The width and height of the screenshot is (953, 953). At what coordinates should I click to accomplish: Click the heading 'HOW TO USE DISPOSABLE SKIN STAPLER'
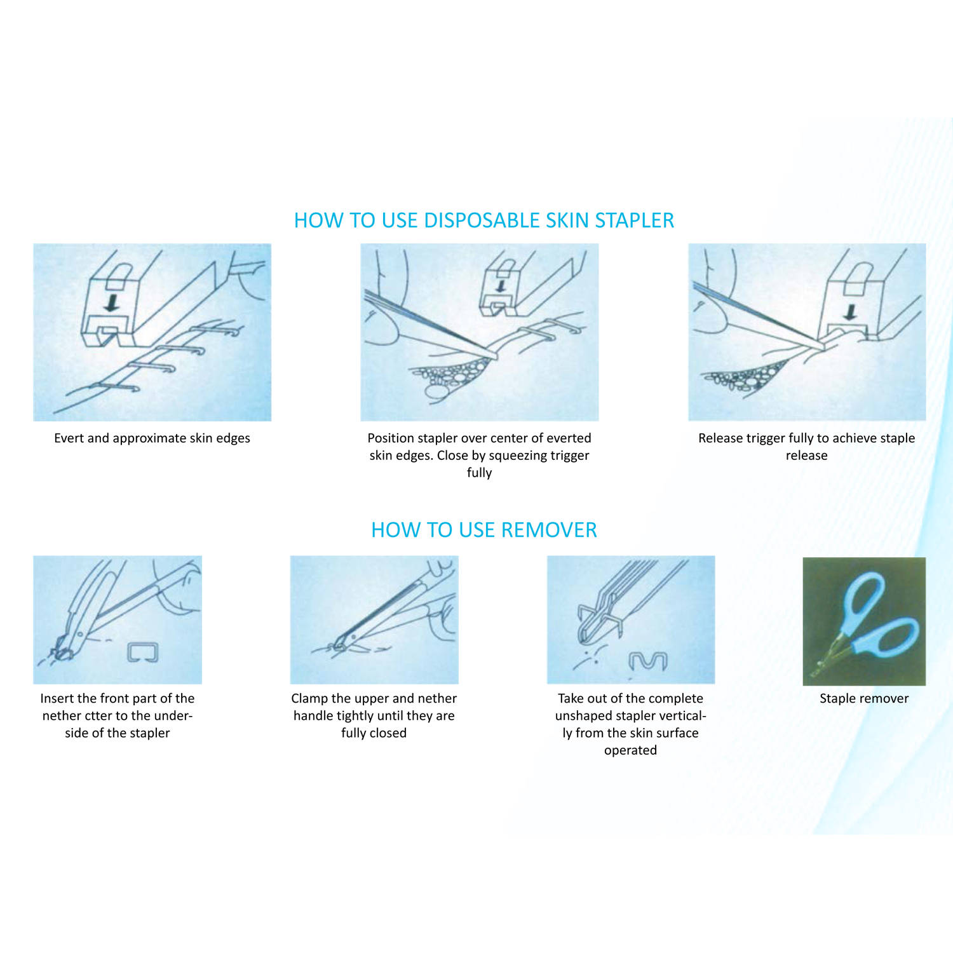point(483,220)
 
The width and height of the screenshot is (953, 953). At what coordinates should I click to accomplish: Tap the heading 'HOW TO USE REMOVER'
point(483,530)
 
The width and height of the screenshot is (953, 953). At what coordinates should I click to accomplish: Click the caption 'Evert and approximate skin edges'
point(152,438)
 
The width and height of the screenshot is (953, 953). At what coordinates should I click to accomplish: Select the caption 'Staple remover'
point(863,698)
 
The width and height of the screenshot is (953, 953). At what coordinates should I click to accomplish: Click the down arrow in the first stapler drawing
point(112,302)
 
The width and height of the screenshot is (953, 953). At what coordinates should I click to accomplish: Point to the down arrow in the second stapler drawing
point(501,286)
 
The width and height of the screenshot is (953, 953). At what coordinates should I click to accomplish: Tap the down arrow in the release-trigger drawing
point(850,311)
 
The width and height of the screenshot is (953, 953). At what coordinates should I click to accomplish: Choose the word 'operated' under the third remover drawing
point(630,751)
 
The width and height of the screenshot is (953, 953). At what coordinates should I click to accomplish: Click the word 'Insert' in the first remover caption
point(57,698)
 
